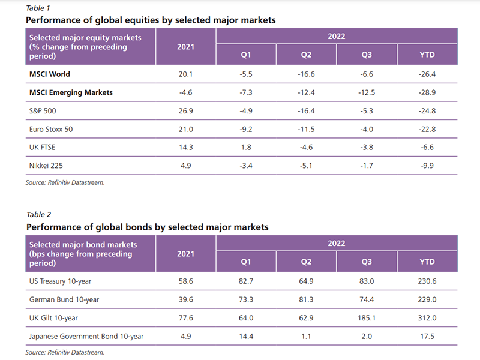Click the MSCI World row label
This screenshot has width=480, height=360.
pyautogui.click(x=50, y=74)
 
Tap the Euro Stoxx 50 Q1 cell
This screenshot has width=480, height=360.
pyautogui.click(x=246, y=129)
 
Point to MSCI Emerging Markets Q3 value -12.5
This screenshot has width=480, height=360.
pyautogui.click(x=367, y=92)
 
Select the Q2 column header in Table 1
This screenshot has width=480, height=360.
pyautogui.click(x=306, y=55)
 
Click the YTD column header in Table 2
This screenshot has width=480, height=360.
pyautogui.click(x=427, y=262)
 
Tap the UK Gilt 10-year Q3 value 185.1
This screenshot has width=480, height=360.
pyautogui.click(x=367, y=318)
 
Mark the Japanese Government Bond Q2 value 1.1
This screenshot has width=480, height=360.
pyautogui.click(x=306, y=337)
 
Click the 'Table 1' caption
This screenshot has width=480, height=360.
pyautogui.click(x=38, y=7)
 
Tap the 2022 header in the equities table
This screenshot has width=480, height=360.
pyautogui.click(x=336, y=37)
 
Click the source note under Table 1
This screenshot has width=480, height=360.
pyautogui.click(x=65, y=182)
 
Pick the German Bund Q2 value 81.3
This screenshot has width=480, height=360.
pyautogui.click(x=306, y=299)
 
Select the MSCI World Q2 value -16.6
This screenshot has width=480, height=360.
pyautogui.click(x=306, y=74)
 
